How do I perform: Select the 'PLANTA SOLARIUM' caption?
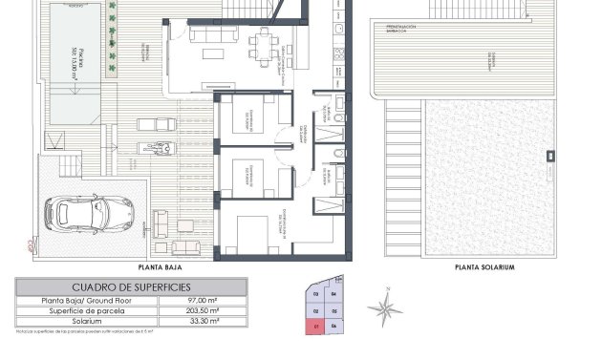[x=484, y=268]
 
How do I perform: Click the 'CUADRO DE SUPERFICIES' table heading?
[x=131, y=286]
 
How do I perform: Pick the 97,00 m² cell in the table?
[x=204, y=300]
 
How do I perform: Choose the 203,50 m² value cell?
[x=204, y=311]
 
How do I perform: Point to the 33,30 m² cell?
[x=204, y=323]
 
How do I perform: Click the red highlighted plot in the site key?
[x=315, y=327]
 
